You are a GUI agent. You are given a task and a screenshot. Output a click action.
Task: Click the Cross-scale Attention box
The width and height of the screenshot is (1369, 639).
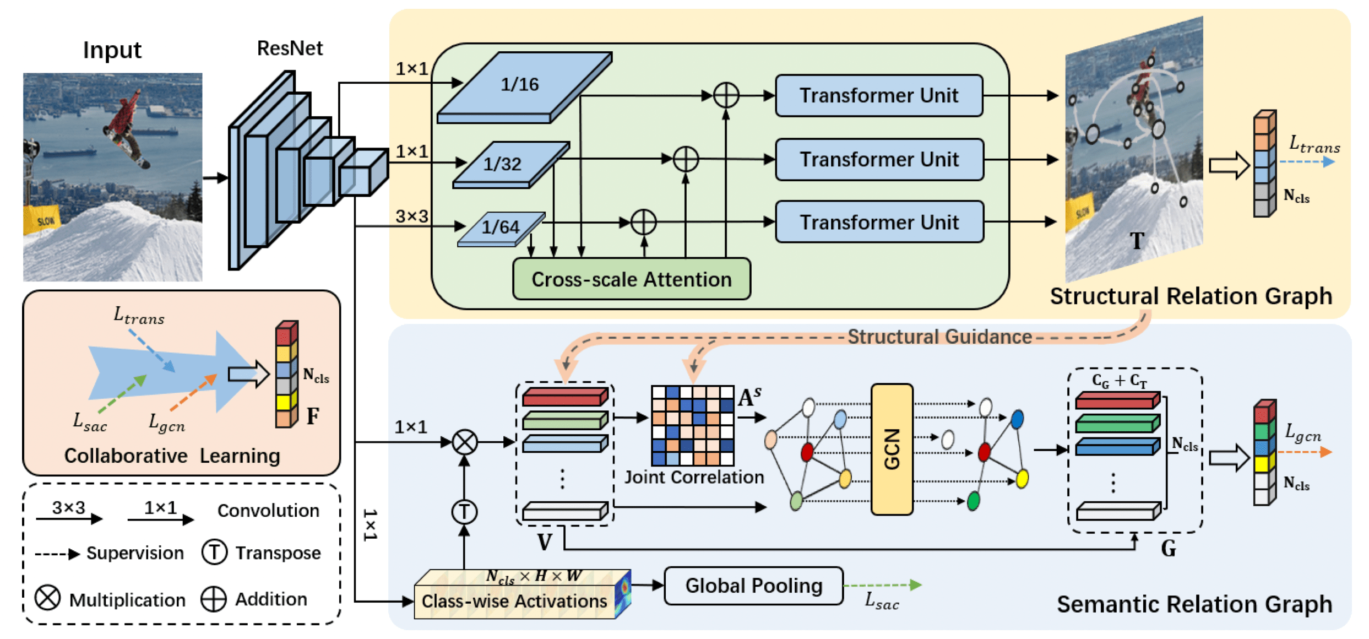(631, 279)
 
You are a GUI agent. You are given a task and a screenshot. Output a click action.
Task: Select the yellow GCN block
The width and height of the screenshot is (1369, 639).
(892, 449)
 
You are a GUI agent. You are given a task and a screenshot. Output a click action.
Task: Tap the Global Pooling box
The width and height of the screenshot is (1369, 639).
(753, 586)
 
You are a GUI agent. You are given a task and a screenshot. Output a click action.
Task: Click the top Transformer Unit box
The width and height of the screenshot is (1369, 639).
(879, 95)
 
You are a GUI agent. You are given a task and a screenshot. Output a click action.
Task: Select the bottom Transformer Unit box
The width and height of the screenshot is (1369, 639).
(879, 222)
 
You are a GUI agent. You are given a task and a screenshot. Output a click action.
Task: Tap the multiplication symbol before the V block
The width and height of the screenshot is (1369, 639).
(464, 442)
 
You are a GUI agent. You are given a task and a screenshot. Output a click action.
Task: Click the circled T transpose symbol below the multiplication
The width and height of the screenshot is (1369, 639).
(464, 512)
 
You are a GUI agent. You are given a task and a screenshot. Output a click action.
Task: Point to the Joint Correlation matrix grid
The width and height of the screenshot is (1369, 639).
(692, 425)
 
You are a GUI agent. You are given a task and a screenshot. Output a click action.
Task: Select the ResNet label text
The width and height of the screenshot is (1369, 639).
(290, 48)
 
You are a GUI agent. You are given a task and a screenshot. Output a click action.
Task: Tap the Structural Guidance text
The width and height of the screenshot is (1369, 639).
(939, 337)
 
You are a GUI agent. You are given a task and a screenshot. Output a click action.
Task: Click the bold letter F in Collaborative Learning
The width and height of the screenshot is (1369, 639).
(313, 415)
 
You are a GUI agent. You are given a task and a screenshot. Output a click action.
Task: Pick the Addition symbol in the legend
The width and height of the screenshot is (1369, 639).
(214, 599)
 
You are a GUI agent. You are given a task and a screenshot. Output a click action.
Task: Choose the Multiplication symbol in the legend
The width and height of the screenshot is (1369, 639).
(47, 598)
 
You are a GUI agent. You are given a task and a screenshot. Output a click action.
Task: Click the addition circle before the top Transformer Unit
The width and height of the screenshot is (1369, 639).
(726, 95)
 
